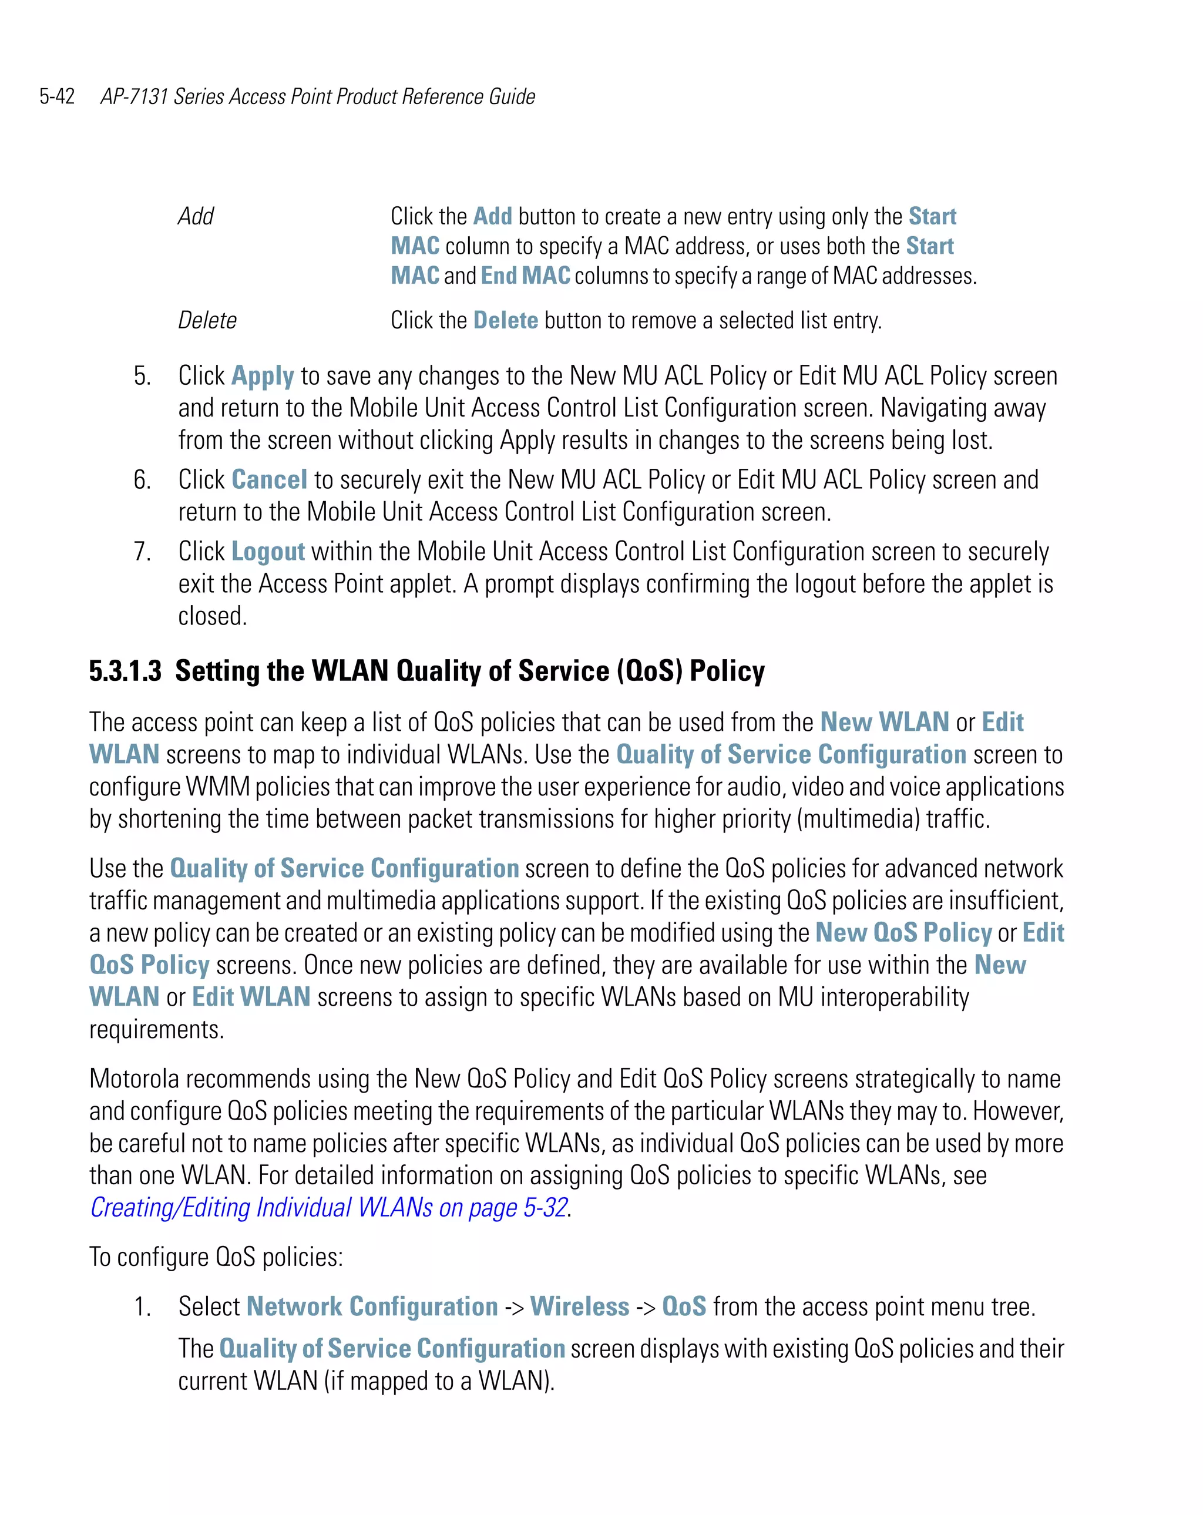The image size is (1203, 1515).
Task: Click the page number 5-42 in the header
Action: click(x=57, y=96)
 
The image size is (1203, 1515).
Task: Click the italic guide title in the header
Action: click(x=318, y=96)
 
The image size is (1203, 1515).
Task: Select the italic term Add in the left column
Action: click(x=196, y=216)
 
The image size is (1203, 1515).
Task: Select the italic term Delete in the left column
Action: click(x=207, y=320)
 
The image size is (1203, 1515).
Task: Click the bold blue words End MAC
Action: click(x=525, y=276)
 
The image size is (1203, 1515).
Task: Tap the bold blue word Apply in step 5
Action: click(x=262, y=377)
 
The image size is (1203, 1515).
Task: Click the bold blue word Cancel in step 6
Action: click(x=269, y=480)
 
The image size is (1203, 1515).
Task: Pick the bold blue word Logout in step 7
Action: click(x=268, y=552)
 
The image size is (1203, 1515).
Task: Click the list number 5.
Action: click(x=142, y=377)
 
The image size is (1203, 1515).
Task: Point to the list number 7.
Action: click(x=142, y=552)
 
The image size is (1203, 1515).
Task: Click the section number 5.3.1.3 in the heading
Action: click(x=125, y=671)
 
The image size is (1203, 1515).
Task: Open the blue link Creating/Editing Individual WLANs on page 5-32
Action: click(x=329, y=1207)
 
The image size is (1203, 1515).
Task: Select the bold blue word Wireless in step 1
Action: click(x=579, y=1306)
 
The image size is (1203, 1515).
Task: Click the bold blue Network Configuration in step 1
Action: click(x=372, y=1306)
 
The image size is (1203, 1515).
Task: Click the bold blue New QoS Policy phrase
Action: click(x=903, y=932)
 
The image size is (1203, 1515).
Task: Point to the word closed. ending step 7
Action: click(x=212, y=616)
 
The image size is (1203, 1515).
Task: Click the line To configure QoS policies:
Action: click(x=216, y=1257)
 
